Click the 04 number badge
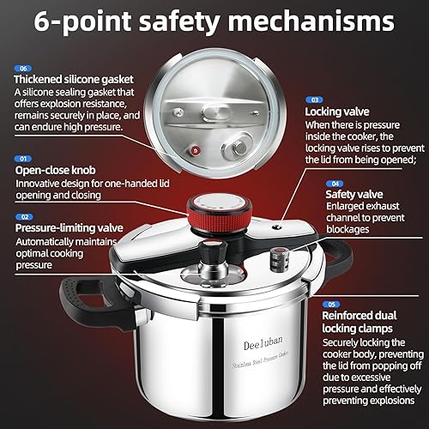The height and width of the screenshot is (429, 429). tap(334, 182)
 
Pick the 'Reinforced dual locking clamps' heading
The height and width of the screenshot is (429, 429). tap(370, 322)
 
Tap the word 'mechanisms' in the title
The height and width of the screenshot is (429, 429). tap(337, 21)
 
